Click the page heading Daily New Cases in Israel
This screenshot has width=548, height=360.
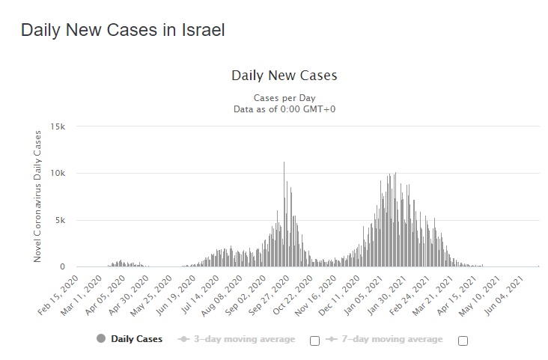(x=123, y=31)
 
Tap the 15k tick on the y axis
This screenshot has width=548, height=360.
(x=59, y=126)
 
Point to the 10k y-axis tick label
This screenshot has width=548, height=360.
(x=59, y=174)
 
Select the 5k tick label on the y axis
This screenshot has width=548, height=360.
(x=61, y=221)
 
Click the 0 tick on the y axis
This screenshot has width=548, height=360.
(x=64, y=267)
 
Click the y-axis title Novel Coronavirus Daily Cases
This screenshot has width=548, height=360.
(x=37, y=197)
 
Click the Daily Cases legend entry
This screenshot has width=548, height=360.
(x=130, y=339)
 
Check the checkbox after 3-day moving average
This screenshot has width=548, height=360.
(x=314, y=341)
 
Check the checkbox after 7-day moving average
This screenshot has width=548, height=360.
(x=463, y=341)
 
